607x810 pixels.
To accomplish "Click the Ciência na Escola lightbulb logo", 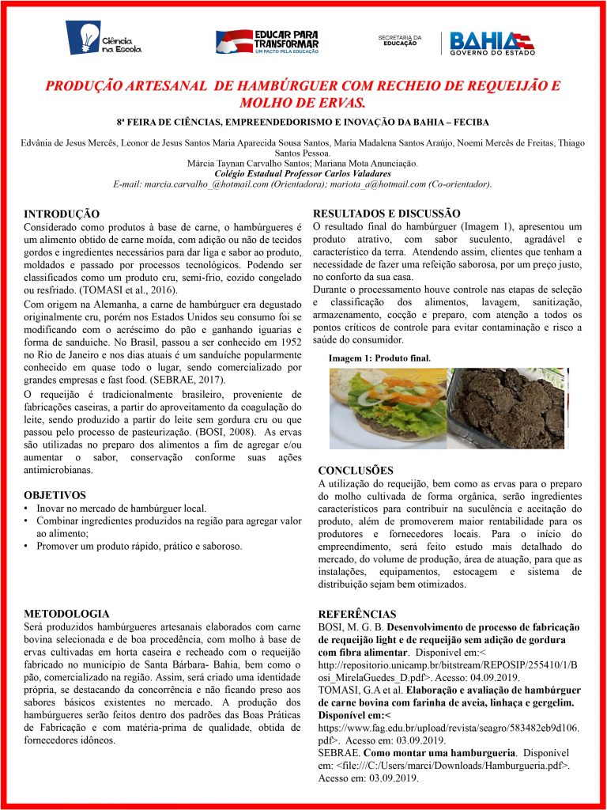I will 103,38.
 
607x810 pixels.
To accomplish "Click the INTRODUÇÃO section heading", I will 62,214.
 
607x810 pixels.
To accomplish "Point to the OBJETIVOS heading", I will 55,495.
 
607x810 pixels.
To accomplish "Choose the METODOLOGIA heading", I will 67,614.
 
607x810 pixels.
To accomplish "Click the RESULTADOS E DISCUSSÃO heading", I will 387,213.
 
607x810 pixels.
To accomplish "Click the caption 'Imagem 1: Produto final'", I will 379,358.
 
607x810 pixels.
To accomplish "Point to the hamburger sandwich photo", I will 387,407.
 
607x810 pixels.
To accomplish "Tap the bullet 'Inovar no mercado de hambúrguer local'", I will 121,508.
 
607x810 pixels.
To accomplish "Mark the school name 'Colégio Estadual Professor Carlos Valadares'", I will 303,173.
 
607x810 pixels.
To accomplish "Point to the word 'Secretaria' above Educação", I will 399,36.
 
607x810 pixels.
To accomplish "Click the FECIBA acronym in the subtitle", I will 466,123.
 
